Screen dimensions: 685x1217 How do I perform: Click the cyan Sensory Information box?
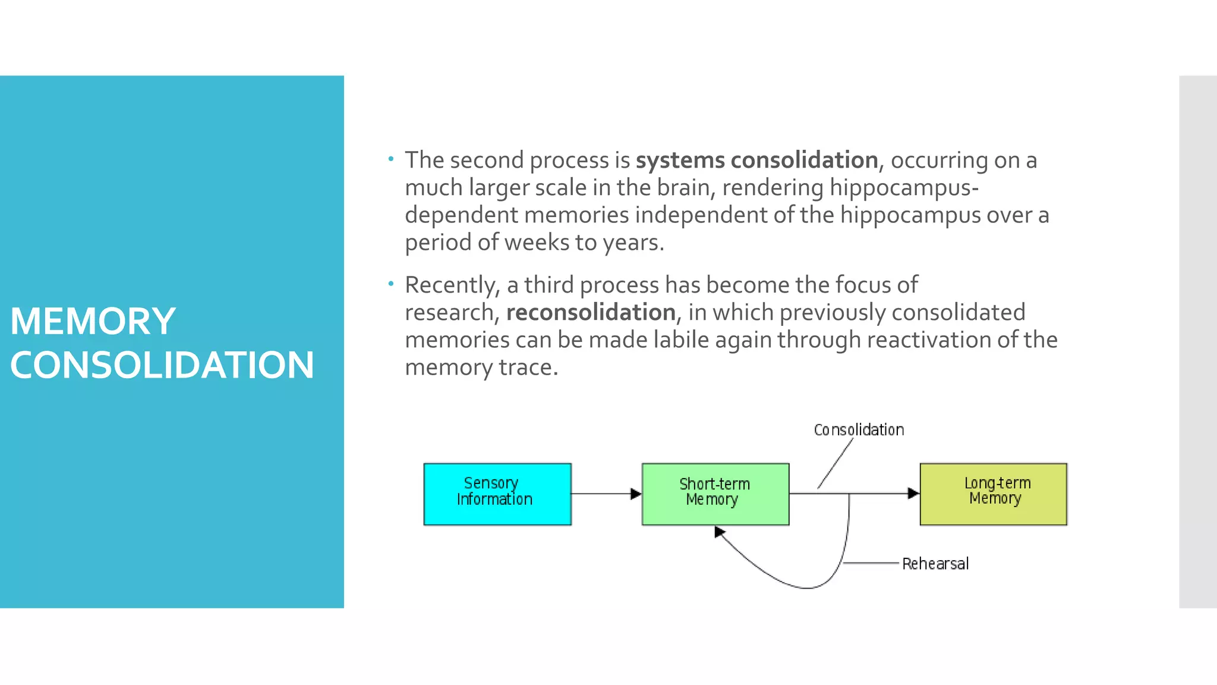click(497, 494)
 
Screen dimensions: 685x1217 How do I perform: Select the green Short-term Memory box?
click(715, 494)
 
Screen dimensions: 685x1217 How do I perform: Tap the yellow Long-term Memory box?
click(993, 494)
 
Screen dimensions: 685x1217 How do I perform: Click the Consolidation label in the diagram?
click(859, 430)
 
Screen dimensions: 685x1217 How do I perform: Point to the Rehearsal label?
click(935, 564)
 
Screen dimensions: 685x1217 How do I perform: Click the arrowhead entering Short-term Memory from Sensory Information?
click(636, 494)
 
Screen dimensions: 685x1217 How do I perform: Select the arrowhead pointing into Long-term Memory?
click(913, 493)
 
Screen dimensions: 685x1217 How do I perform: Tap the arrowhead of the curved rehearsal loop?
click(720, 532)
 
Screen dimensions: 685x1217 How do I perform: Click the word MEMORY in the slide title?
click(93, 321)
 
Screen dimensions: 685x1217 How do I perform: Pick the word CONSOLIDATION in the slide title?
click(162, 365)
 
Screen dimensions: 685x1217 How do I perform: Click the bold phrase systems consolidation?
click(756, 161)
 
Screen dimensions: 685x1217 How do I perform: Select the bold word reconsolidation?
click(591, 313)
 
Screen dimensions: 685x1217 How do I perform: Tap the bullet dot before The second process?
click(390, 159)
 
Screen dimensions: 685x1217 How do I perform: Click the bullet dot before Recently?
click(390, 284)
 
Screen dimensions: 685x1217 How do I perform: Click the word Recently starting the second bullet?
click(452, 285)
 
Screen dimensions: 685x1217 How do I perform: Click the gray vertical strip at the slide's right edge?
click(1197, 341)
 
